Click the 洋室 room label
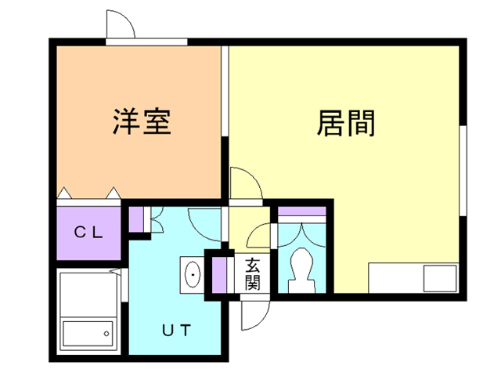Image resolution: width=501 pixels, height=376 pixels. point(142,122)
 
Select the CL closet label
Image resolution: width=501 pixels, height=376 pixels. point(88,232)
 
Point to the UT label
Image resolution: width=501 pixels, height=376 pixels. point(176,329)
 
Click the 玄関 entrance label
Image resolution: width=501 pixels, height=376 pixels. point(252,273)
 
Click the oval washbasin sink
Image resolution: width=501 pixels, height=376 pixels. point(191,273)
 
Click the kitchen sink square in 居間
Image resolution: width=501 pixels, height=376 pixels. point(439,277)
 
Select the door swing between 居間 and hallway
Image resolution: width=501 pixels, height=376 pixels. point(246,183)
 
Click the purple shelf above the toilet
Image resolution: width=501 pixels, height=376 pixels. point(301,210)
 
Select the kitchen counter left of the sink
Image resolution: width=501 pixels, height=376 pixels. point(396,277)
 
